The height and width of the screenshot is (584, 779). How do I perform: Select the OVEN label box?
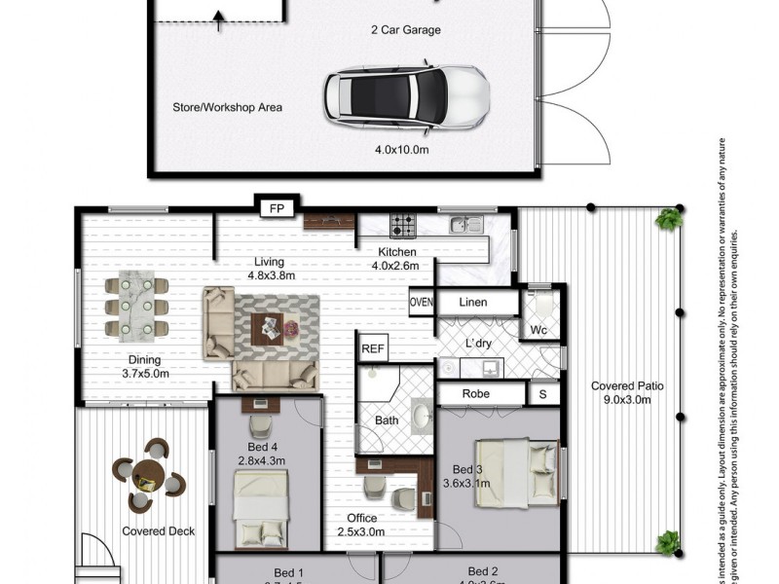pyautogui.click(x=421, y=303)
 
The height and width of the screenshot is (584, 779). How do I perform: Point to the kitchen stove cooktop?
pyautogui.click(x=403, y=226)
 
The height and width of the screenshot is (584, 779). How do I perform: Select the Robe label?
pyautogui.click(x=476, y=394)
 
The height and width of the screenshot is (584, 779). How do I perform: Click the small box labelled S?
pyautogui.click(x=542, y=394)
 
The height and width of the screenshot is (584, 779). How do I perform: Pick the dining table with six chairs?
pyautogui.click(x=136, y=307)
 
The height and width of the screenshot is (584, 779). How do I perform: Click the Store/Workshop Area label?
pyautogui.click(x=228, y=107)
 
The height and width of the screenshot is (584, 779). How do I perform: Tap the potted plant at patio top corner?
pyautogui.click(x=669, y=219)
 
